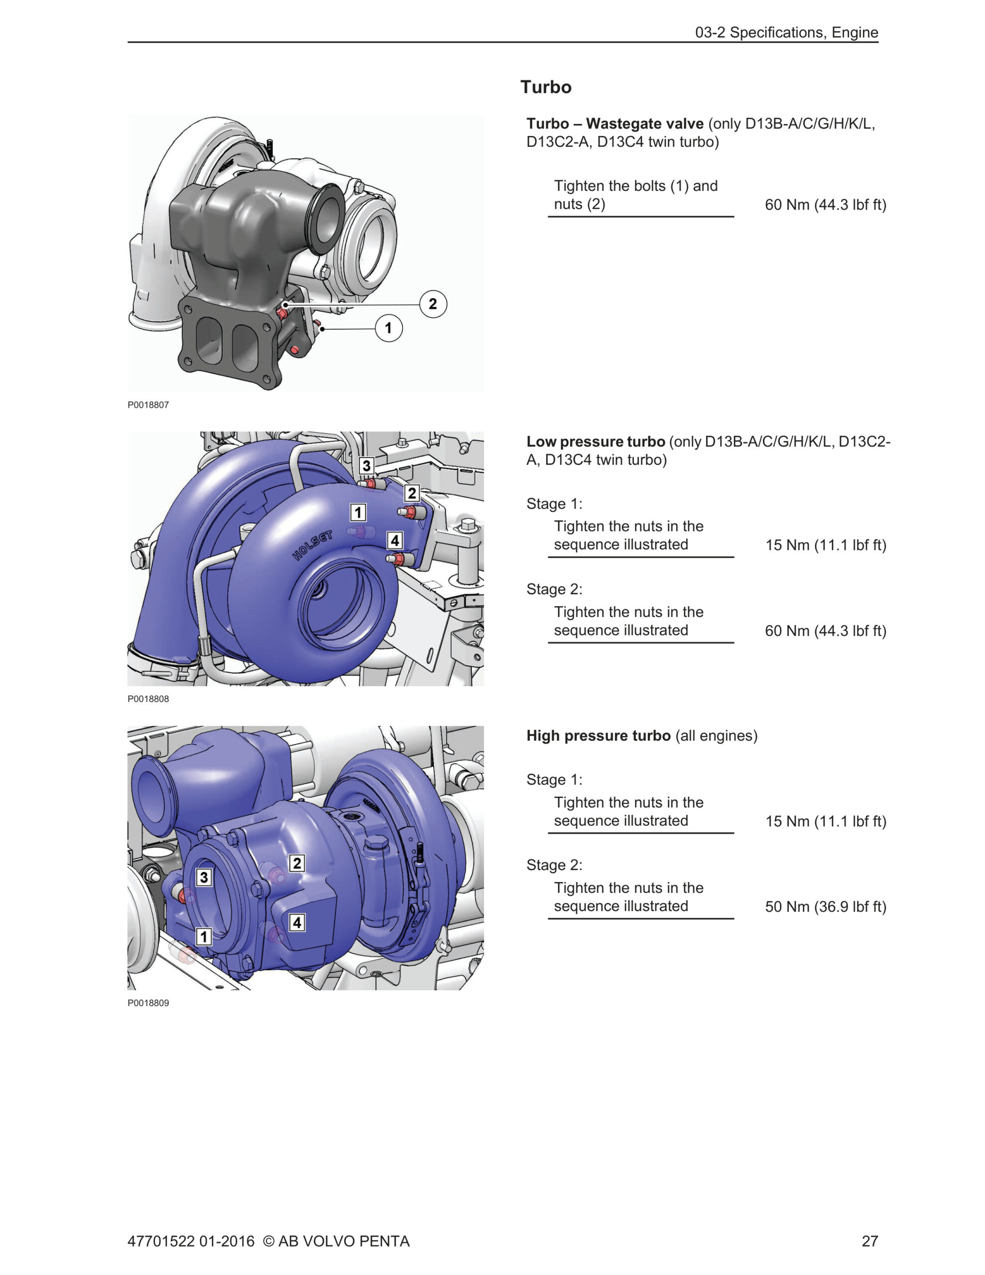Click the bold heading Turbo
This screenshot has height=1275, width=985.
click(x=545, y=87)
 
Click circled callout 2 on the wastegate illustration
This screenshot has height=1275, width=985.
click(x=433, y=304)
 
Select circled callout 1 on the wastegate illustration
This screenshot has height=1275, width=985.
click(x=388, y=328)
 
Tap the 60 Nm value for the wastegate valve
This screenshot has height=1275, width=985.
click(x=825, y=205)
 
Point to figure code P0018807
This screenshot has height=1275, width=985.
click(x=148, y=405)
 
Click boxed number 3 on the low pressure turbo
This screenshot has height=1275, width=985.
click(x=366, y=465)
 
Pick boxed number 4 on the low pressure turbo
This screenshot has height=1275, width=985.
click(x=395, y=540)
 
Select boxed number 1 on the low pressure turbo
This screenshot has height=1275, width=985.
click(x=358, y=512)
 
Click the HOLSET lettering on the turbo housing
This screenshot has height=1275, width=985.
click(x=312, y=545)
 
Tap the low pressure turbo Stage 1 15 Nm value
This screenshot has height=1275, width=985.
click(x=826, y=545)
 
